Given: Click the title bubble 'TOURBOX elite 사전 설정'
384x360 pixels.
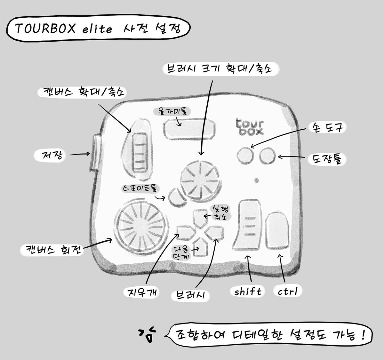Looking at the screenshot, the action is [x=98, y=29].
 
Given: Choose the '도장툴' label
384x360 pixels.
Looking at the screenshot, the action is [x=326, y=159].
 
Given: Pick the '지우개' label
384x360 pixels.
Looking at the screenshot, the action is [x=141, y=292].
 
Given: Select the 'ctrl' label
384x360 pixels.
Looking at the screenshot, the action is [x=288, y=291].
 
